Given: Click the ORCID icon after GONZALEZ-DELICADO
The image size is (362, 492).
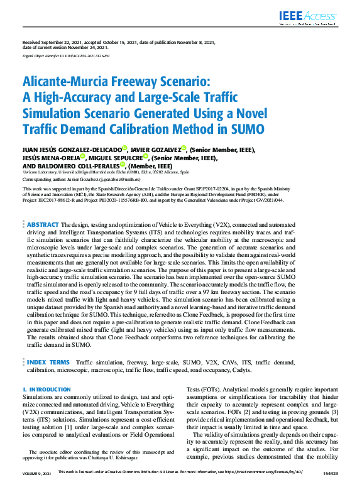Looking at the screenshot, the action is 124,148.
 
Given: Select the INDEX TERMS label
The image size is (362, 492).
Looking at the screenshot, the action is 48,363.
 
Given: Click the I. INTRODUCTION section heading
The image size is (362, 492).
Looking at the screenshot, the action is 47,390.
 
